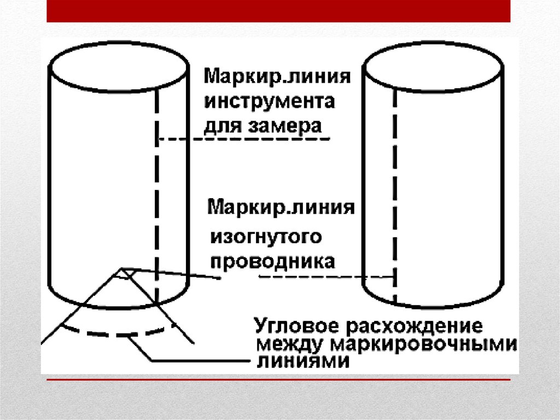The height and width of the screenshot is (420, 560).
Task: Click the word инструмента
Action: pos(270,102)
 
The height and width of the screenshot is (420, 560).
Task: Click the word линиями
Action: pos(302,362)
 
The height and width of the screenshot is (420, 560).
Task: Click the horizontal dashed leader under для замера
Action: pos(243,140)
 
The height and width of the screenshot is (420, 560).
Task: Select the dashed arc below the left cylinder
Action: pos(115,332)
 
